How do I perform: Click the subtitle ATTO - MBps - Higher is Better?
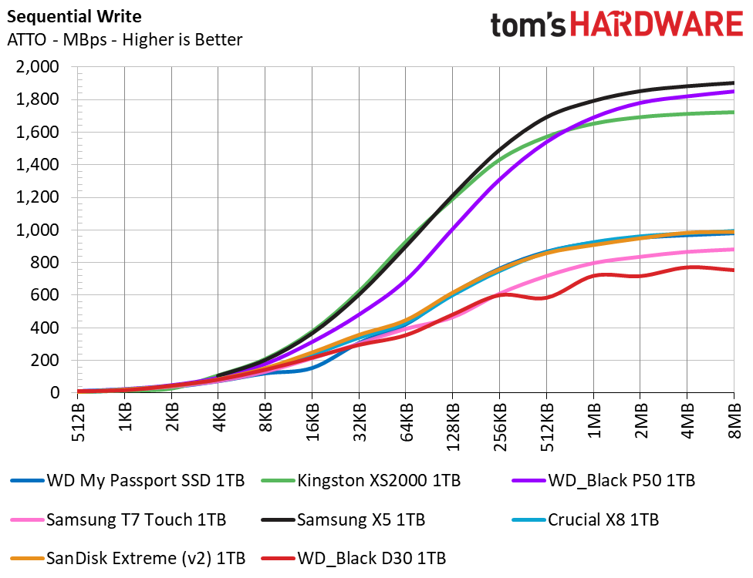[x=124, y=40]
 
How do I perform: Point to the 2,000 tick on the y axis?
[x=37, y=67]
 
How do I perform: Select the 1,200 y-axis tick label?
[x=37, y=197]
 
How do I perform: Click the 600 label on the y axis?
[x=44, y=295]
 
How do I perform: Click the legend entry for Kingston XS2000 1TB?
[x=366, y=481]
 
